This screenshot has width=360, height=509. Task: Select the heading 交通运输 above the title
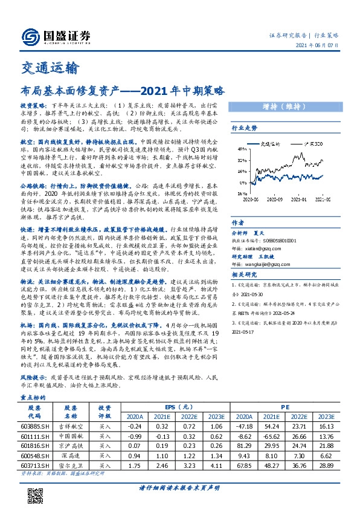(45, 68)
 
